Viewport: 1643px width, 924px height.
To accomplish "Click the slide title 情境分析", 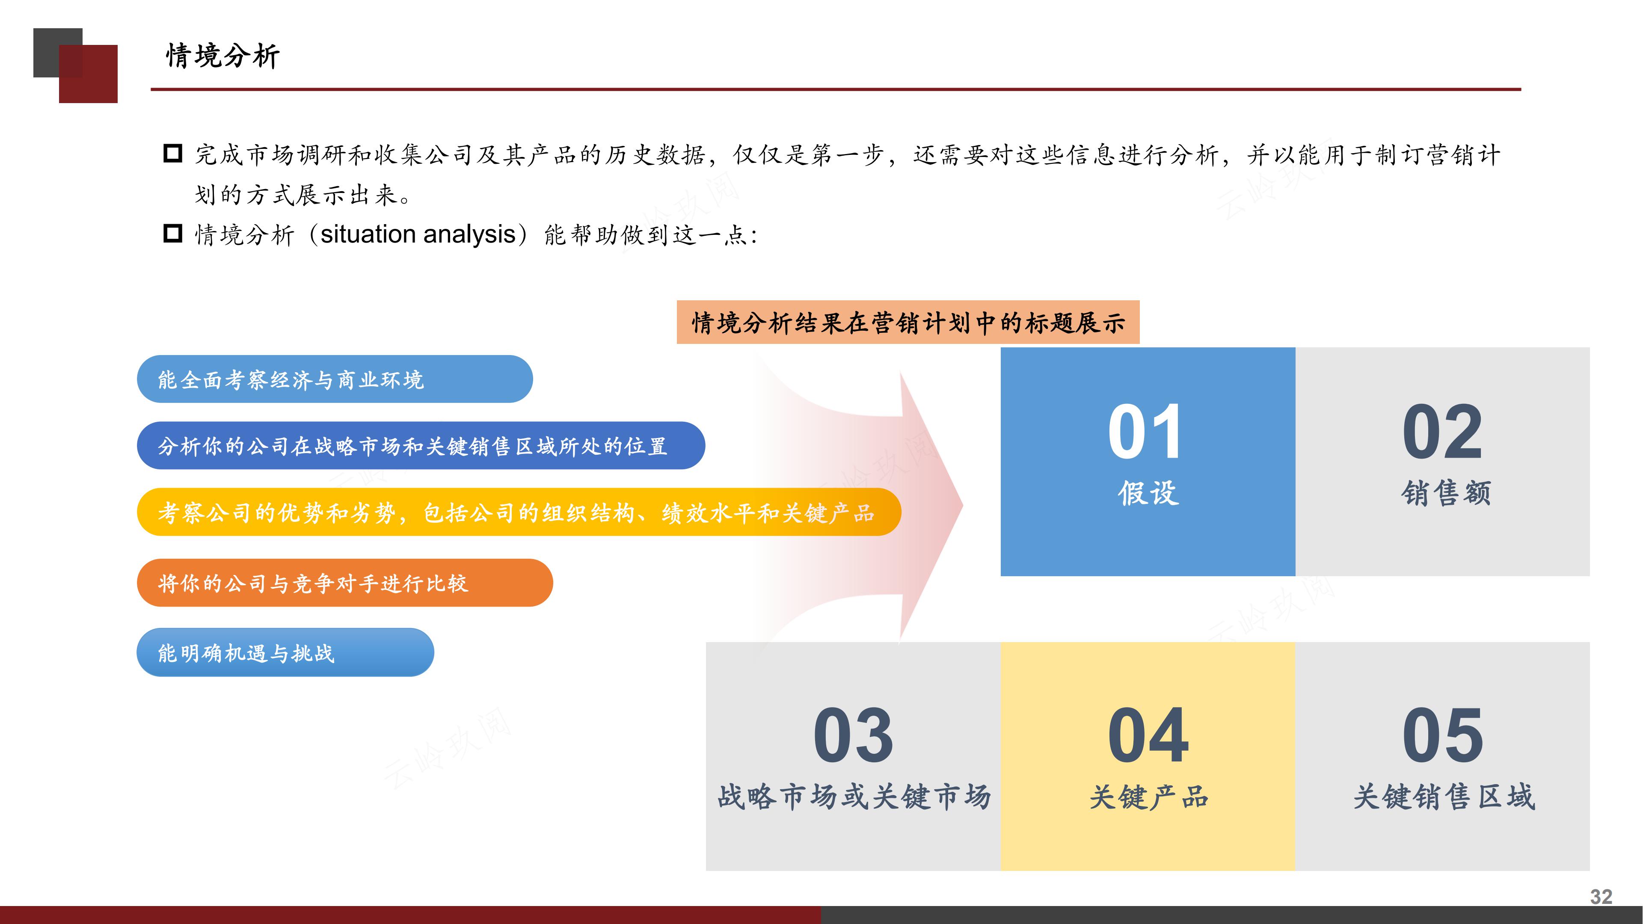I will click(222, 56).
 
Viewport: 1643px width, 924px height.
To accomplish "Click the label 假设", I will click(1148, 493).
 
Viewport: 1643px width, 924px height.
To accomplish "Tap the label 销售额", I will click(1446, 493).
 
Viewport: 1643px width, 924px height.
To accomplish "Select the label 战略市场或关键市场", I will click(854, 797).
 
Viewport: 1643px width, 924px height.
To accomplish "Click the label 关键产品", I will click(1148, 797).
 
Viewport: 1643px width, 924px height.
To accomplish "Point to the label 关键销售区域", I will click(1444, 797).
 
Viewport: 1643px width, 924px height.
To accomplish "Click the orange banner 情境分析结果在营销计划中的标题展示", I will click(908, 323).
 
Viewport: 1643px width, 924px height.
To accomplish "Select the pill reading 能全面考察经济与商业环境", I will click(334, 379).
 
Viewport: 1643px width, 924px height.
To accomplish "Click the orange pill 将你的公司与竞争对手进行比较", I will click(344, 583).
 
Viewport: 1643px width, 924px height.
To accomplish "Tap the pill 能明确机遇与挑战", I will click(285, 652).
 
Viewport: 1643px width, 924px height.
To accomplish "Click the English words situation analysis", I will click(418, 235).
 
